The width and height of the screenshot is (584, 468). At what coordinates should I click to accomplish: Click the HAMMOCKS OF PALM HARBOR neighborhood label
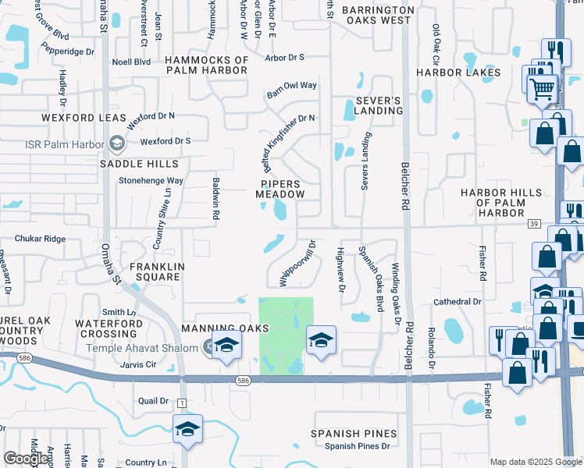tap(207, 65)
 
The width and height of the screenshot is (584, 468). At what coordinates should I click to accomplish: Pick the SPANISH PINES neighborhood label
tap(354, 434)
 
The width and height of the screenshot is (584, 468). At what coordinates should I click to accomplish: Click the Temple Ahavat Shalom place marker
tap(208, 347)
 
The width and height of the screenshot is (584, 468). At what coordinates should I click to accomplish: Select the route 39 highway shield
tap(534, 224)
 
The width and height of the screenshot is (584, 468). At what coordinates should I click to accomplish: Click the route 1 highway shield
tap(181, 402)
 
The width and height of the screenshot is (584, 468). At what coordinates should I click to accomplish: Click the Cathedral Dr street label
tap(460, 301)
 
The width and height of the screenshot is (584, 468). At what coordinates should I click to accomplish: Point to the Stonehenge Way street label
tap(151, 180)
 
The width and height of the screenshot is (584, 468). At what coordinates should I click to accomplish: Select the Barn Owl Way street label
tap(291, 86)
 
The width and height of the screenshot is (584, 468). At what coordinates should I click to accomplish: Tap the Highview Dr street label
tap(340, 269)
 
